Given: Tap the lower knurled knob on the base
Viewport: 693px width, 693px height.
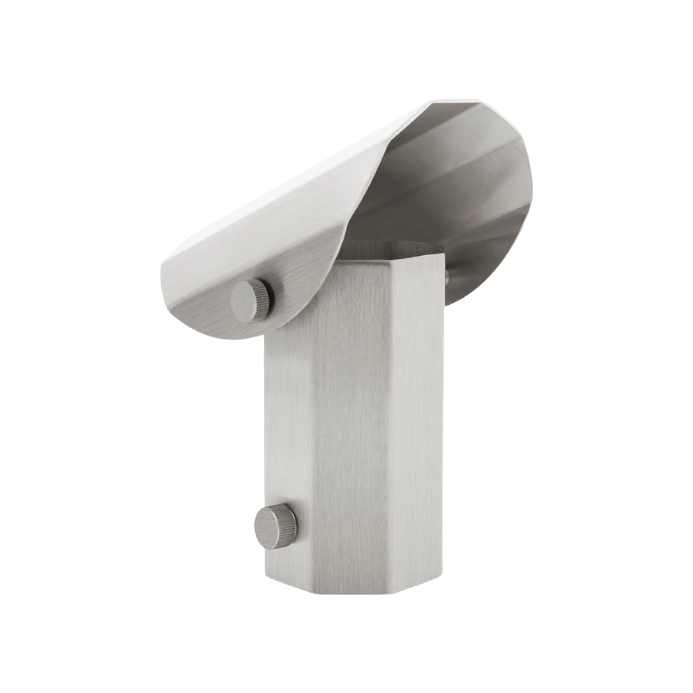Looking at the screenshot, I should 276,526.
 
